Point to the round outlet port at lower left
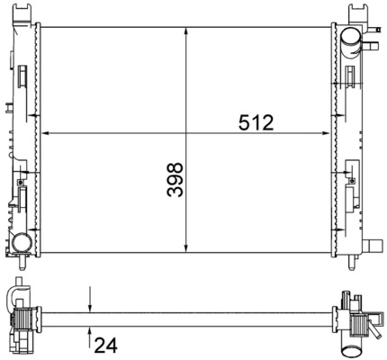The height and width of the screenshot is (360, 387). tap(21, 242)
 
